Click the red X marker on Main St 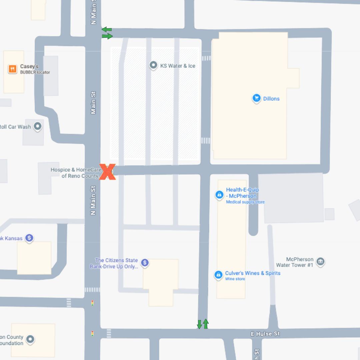click(x=107, y=172)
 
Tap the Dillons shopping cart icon click(x=256, y=98)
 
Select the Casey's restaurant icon click(x=12, y=69)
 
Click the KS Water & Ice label click(x=178, y=66)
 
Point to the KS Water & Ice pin click(x=153, y=65)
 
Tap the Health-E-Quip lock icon click(x=219, y=194)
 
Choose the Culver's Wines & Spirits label click(x=253, y=273)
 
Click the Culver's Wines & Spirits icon click(x=218, y=275)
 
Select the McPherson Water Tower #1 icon click(x=320, y=262)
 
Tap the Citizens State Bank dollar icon click(x=145, y=263)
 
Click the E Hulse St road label click(x=265, y=334)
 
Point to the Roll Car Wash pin click(x=38, y=126)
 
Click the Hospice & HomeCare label click(x=76, y=173)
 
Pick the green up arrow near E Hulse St click(x=206, y=323)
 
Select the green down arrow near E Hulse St click(x=199, y=324)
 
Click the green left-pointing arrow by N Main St click(x=107, y=30)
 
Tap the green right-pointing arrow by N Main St click(x=107, y=36)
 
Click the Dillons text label click(x=271, y=99)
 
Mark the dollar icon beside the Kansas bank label click(x=29, y=238)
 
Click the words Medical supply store click(x=245, y=202)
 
